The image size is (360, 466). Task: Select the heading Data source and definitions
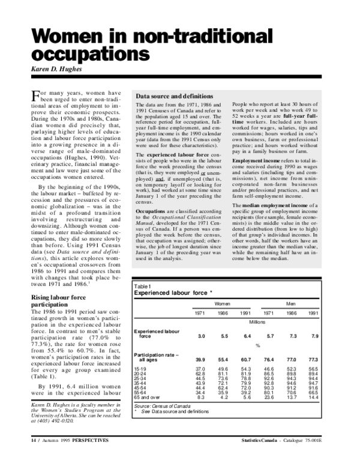point(175,96)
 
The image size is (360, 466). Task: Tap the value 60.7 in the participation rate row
point(245,359)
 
